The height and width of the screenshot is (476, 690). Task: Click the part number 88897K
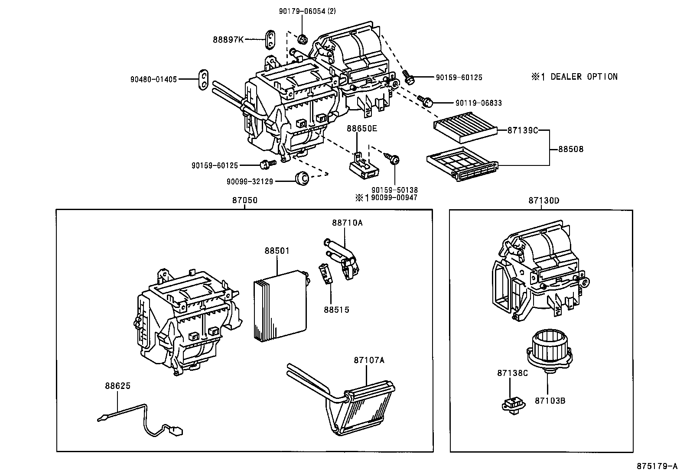point(228,39)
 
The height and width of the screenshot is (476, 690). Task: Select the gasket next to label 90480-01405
point(203,80)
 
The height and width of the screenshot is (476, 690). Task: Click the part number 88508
point(570,149)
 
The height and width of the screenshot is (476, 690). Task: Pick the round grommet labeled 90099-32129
point(301,178)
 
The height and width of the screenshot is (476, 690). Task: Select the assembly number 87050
point(244,201)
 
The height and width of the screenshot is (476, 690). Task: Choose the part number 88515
point(336,310)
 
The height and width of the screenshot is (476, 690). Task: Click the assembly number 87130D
point(544,201)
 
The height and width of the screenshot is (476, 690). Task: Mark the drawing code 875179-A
point(657,466)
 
